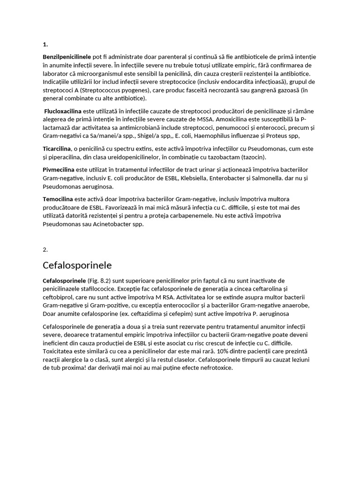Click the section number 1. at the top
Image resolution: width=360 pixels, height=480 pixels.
45,45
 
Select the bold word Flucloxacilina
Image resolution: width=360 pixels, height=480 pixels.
63,111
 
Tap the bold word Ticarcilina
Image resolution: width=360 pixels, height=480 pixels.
57,149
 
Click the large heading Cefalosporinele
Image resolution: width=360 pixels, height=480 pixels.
77,265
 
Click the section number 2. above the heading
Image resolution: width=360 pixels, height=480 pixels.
45,249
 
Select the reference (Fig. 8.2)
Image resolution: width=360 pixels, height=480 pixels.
101,280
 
